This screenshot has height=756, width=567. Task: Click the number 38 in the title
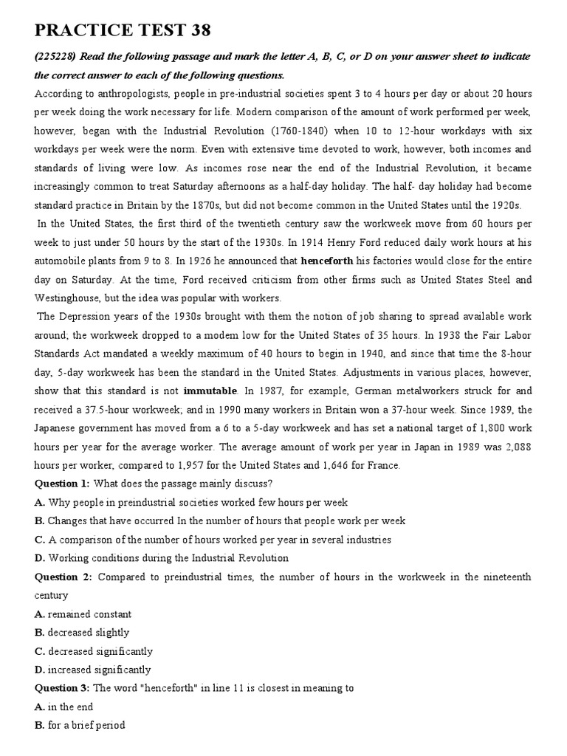(x=195, y=30)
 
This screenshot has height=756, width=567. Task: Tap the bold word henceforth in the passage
(x=328, y=260)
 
